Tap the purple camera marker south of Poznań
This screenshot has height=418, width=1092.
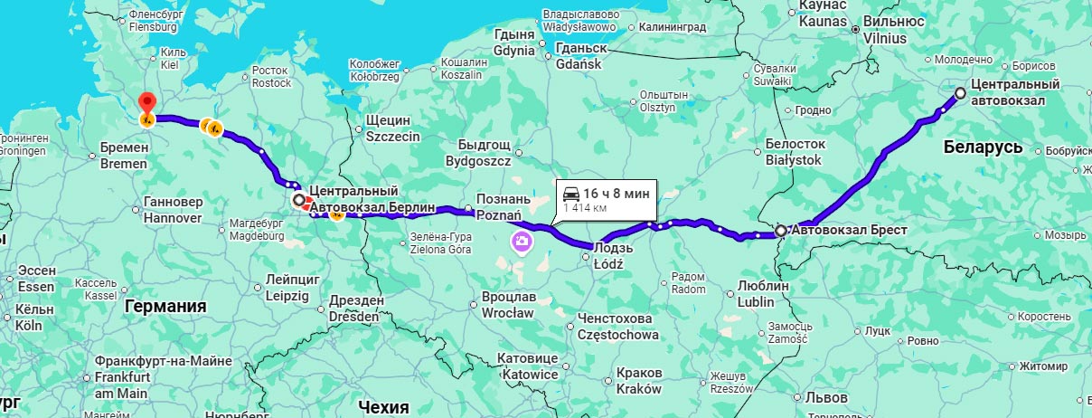pos(522,241)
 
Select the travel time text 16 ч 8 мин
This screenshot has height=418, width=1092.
pos(616,193)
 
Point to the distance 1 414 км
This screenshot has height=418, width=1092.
pos(584,208)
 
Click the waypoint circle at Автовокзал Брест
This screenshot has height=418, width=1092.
pos(781,232)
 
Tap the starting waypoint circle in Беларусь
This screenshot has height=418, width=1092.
pos(961,92)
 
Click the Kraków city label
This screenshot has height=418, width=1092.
pos(639,380)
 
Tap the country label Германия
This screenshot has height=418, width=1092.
pos(165,307)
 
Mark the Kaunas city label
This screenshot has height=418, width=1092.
pos(822,13)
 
